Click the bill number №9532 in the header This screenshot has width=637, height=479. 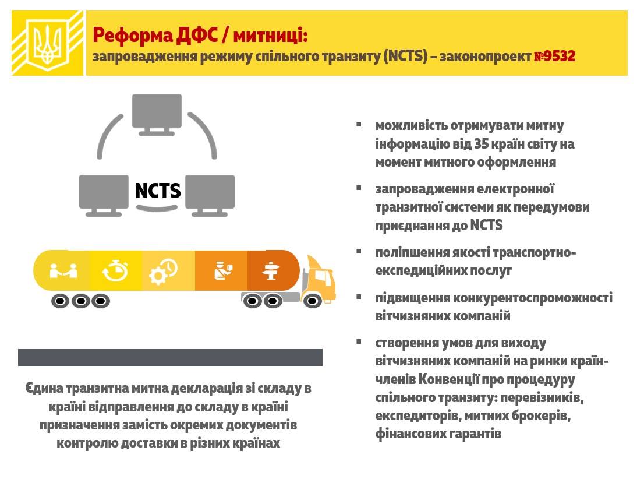click(x=555, y=56)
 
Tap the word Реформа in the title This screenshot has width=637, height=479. click(x=133, y=36)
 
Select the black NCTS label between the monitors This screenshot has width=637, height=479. click(x=158, y=191)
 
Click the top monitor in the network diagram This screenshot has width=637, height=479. click(x=157, y=114)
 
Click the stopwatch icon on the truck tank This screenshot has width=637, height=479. click(x=115, y=270)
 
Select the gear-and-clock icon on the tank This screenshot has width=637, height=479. click(x=163, y=271)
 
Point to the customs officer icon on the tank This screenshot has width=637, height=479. click(x=223, y=271)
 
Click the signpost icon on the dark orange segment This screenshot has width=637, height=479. click(x=271, y=271)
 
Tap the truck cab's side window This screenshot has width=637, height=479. click(x=323, y=278)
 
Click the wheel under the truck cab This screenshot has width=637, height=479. click(x=312, y=301)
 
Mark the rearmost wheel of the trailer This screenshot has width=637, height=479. click(x=60, y=301)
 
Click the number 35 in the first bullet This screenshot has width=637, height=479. click(x=481, y=143)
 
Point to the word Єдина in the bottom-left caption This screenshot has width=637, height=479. click(x=44, y=388)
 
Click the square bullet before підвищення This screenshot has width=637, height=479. click(x=359, y=297)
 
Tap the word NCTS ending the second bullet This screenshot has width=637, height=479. click(x=486, y=225)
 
